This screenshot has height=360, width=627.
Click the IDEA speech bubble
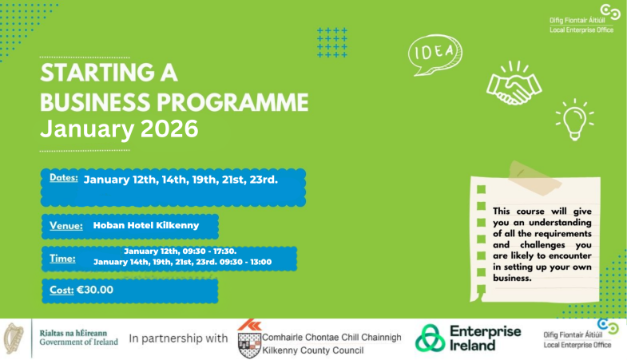click(435, 55)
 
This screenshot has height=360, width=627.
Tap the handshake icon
click(513, 83)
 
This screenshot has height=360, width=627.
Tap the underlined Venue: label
click(66, 226)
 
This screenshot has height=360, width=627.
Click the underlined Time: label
click(62, 259)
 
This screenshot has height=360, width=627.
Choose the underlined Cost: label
click(61, 290)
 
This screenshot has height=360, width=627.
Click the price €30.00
click(95, 290)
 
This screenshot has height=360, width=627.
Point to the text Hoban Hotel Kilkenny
click(145, 226)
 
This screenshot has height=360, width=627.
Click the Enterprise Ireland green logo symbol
click(431, 338)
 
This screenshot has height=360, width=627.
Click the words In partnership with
click(177, 338)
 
